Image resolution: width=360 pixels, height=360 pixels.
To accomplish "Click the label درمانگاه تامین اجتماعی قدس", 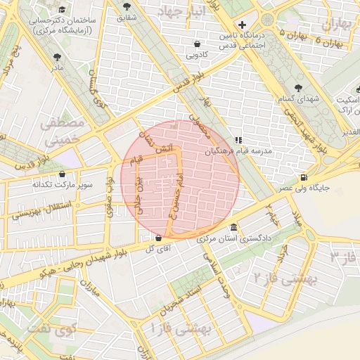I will click(x=243, y=40).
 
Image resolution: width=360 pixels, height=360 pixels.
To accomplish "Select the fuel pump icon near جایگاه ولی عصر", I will click(x=303, y=177).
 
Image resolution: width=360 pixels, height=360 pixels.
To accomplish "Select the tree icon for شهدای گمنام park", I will click(x=300, y=88).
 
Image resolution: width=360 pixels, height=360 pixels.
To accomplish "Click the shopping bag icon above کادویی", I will click(x=195, y=42).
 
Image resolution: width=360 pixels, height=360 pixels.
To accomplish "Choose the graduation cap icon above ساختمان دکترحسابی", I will click(x=62, y=10).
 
